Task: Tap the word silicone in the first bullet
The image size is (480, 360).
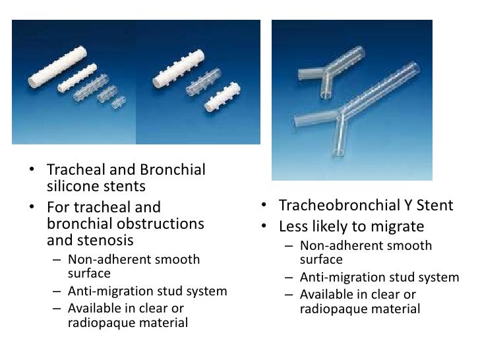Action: coord(74,187)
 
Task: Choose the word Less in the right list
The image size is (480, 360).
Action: coord(294,227)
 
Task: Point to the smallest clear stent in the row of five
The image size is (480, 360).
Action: coord(119,103)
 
